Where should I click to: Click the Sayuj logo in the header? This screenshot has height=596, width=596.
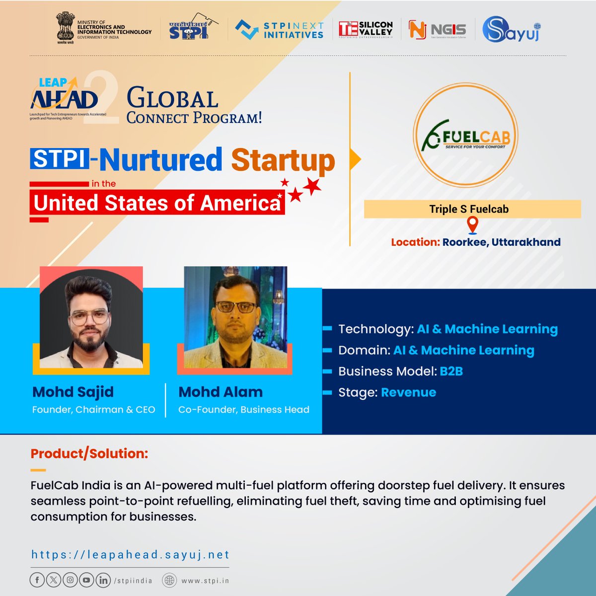(512, 30)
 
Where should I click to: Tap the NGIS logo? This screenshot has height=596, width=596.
(430, 30)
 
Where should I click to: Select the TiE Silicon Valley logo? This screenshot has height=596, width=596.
(365, 29)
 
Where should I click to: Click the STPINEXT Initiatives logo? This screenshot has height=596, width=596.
(279, 30)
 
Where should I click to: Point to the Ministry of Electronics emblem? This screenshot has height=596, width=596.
(65, 29)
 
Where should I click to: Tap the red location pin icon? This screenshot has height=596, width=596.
(472, 224)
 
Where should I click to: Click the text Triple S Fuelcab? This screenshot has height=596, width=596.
(469, 209)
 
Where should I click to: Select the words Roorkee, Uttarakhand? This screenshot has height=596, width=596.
(501, 242)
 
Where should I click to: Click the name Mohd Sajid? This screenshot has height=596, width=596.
(73, 392)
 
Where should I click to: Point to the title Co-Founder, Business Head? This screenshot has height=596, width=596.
(244, 410)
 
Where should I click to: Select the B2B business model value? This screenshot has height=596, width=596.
(451, 372)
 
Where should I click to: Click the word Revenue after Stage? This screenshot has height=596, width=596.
(408, 392)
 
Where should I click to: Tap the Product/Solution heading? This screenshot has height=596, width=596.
(89, 453)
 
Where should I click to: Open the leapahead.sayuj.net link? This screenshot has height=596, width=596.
(130, 554)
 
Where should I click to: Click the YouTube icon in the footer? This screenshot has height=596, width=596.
(86, 580)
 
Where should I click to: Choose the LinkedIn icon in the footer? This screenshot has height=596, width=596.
(103, 580)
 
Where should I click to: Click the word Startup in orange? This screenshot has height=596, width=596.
(283, 160)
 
